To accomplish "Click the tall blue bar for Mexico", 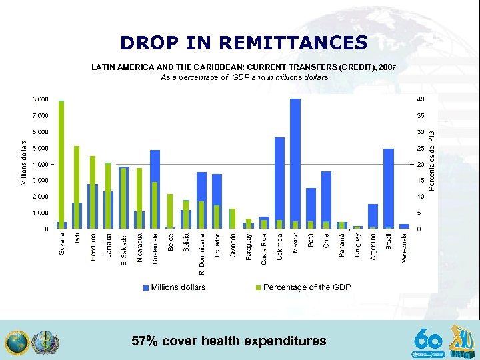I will point(295,163).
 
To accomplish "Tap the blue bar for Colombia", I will point(279,183).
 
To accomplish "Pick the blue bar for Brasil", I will point(389,189).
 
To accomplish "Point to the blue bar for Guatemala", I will point(155,189).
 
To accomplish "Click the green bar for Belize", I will point(171,211).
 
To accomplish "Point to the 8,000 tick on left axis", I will point(40,99).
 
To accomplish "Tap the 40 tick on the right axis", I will point(420,99).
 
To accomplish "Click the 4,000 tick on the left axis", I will point(40,164).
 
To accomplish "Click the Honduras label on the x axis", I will point(93,247).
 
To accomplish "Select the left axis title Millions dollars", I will point(24,163).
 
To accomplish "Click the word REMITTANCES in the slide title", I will point(293,43).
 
